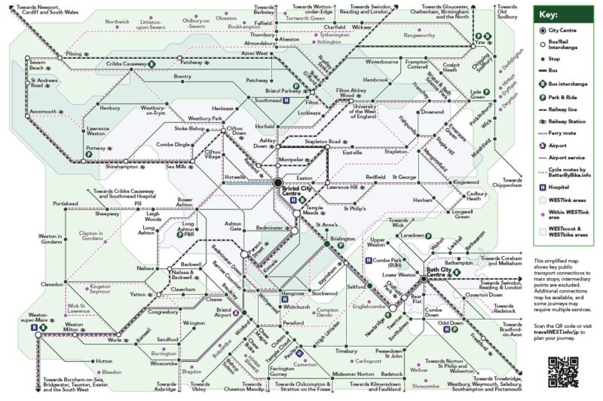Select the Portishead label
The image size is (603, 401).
tap(65, 204)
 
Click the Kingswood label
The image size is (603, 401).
tap(466, 182)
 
